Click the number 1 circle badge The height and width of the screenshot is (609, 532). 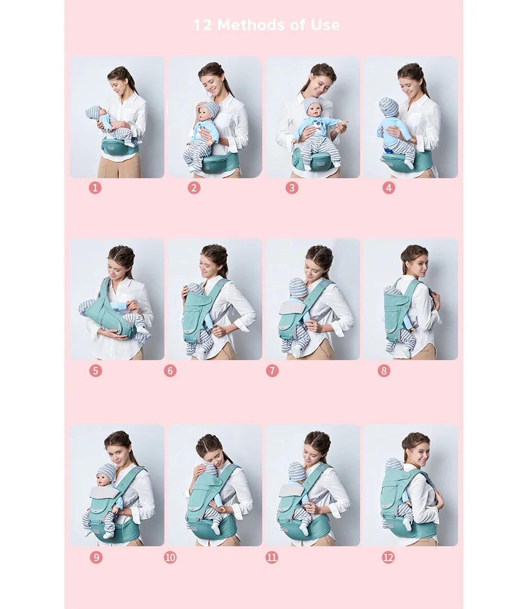(x=95, y=188)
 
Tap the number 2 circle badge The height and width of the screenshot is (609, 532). (x=194, y=188)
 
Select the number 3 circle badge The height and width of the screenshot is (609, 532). (x=292, y=188)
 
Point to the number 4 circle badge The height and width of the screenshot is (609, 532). (x=389, y=188)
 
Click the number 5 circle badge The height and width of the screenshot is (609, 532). (x=96, y=371)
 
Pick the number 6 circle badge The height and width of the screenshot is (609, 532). (x=170, y=371)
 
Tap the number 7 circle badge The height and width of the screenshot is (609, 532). (x=272, y=371)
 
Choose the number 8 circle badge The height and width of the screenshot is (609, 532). (x=384, y=371)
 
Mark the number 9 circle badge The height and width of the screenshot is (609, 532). (x=96, y=557)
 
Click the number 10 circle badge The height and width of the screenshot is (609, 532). (x=170, y=557)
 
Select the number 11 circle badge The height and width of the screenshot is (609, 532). (x=272, y=557)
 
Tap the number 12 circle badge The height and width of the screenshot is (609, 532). (x=388, y=557)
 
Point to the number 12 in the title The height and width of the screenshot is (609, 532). (x=203, y=25)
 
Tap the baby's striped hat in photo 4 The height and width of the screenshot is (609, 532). (x=388, y=107)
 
